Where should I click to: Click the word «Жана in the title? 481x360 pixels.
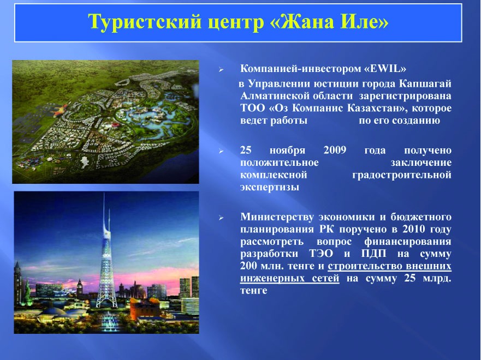[x=301, y=22]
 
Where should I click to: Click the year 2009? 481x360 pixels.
[x=335, y=150]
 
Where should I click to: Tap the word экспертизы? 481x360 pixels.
[x=270, y=188]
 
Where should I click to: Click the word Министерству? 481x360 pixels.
[x=277, y=218]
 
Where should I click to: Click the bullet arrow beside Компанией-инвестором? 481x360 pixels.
[x=221, y=70]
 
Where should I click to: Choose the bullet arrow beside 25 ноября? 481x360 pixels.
[x=221, y=151]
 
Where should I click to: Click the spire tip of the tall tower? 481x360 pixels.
[x=104, y=193]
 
